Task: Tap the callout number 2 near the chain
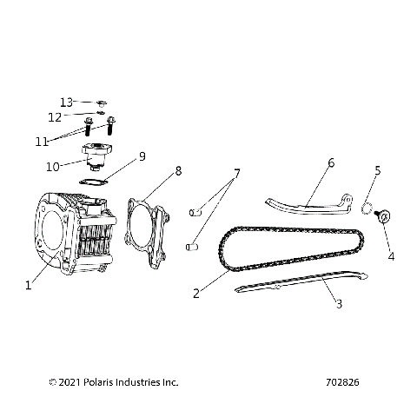[x=196, y=293]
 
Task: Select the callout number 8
[x=178, y=170]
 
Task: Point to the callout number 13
[x=67, y=102]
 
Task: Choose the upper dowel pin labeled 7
[x=196, y=210]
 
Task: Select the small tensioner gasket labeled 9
[x=93, y=181]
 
